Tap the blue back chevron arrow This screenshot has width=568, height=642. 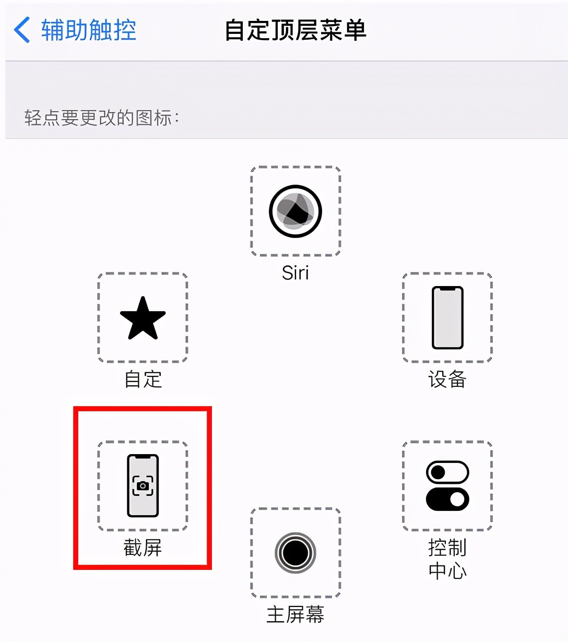pos(22,30)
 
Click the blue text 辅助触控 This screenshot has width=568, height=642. pos(88,30)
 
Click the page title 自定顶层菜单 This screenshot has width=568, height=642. pos(295,30)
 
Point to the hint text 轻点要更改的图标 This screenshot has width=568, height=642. pos(101,118)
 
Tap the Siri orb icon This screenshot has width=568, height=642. pos(295,211)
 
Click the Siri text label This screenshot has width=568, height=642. pos(295,272)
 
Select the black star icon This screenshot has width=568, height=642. pos(143,318)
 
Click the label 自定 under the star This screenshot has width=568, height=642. pos(143,379)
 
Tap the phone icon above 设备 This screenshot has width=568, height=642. pos(447,317)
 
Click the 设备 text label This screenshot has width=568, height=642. pos(447,379)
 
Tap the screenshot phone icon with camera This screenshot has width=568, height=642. pos(143,485)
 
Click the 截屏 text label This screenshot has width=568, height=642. pos(143,548)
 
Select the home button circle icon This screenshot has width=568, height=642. pos(295,552)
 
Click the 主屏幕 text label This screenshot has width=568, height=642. pos(295,614)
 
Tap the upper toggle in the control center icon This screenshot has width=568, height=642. pos(447,472)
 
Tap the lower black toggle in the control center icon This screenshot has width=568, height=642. pos(447,499)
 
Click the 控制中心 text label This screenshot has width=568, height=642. pos(447,559)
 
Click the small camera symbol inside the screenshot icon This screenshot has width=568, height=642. pos(143,486)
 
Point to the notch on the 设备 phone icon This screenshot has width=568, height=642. pos(447,289)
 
